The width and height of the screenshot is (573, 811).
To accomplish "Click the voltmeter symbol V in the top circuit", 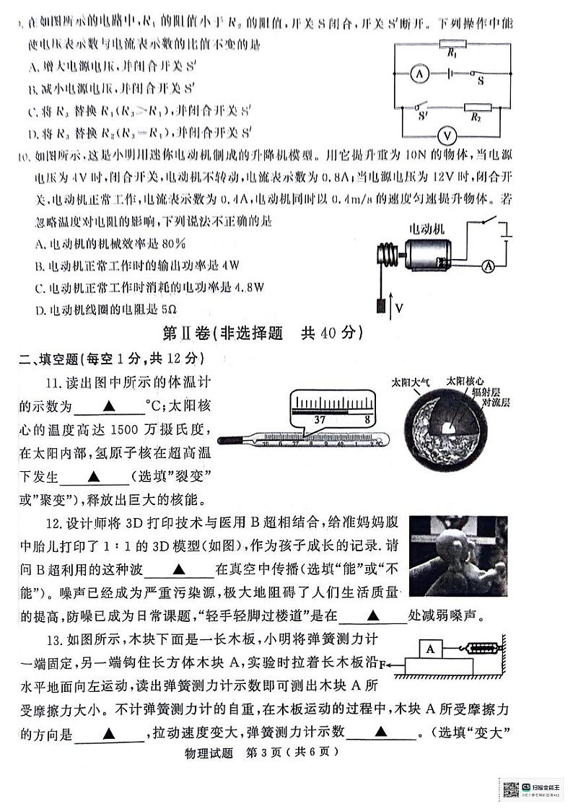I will [x=447, y=136].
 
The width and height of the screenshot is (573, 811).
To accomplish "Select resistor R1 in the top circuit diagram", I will [x=451, y=44].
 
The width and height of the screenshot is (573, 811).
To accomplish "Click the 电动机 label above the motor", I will [x=427, y=228].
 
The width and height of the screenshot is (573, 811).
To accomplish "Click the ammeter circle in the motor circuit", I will [x=489, y=266].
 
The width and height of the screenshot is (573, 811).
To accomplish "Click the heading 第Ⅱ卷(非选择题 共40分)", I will [x=262, y=334].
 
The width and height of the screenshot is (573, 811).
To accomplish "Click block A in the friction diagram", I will [x=430, y=649].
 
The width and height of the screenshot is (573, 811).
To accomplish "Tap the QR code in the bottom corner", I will [x=512, y=789].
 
